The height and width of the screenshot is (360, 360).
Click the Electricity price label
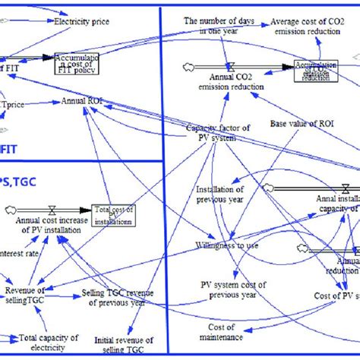(81, 23)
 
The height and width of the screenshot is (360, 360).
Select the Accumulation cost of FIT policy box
(77, 60)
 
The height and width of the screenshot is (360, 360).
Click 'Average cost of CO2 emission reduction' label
(313, 24)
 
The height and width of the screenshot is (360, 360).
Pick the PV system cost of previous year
(231, 289)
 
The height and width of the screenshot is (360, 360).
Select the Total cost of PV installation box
(113, 215)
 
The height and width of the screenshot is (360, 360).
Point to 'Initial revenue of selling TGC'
(124, 345)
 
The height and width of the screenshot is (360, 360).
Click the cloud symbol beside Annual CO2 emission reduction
(188, 67)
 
